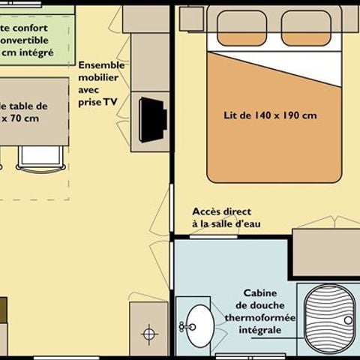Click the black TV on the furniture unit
tap(152, 119)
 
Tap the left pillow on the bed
tap(241, 28)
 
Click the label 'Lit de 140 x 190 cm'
tap(269, 116)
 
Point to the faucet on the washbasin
tap(183, 325)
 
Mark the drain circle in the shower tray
tap(348, 320)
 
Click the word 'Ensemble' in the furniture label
tap(101, 64)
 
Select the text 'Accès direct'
tap(221, 211)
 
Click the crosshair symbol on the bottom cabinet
tap(149, 331)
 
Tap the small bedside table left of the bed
tap(190, 18)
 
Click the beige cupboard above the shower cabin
tap(325, 253)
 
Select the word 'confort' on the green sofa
tap(31, 28)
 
